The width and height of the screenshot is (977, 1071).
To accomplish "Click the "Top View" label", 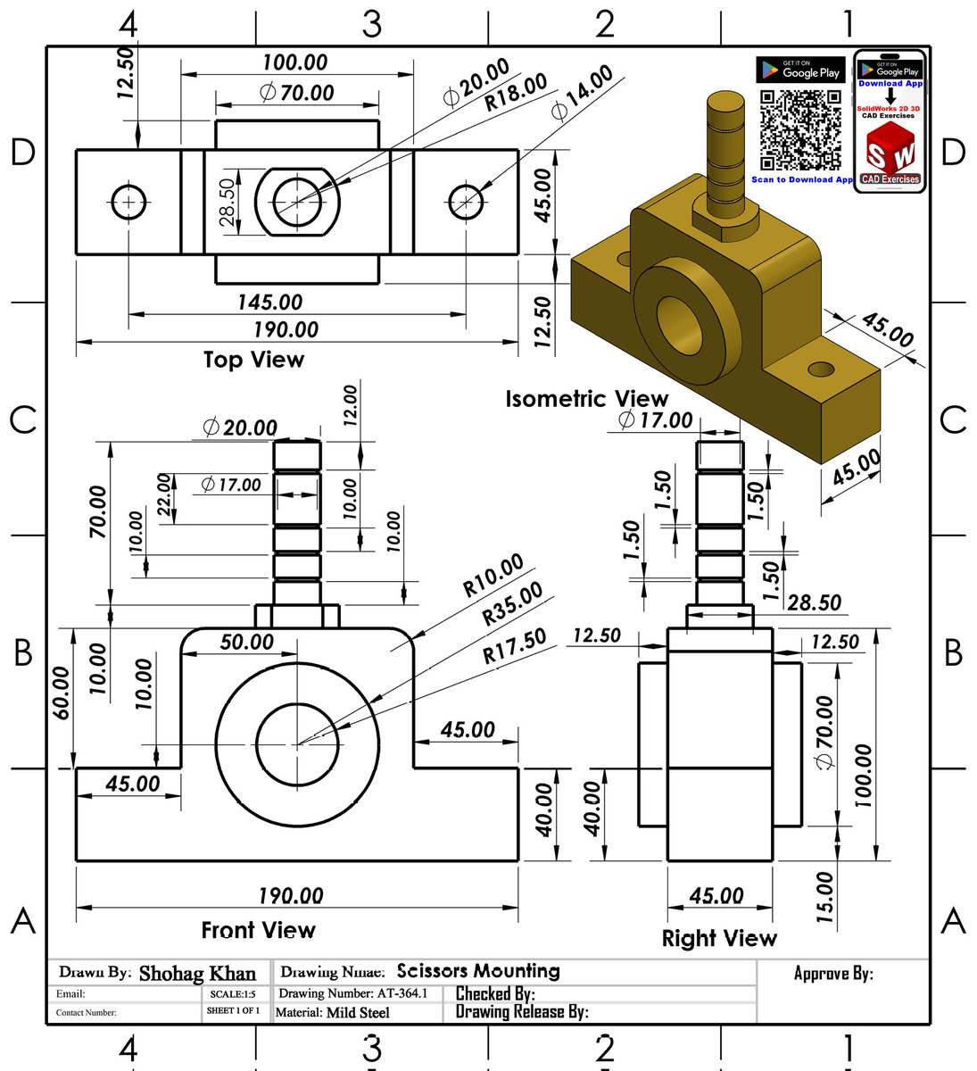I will pos(253,360).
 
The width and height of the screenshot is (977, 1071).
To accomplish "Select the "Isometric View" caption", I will pos(586,399).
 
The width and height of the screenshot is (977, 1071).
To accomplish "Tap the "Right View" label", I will pos(719,938).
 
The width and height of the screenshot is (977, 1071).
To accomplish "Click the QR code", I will pos(800,130).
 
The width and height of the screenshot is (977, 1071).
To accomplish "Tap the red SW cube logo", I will pos(890,152).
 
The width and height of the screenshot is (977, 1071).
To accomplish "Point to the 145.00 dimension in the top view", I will pos(269,302).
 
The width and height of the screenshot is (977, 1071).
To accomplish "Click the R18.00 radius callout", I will pos(516,93).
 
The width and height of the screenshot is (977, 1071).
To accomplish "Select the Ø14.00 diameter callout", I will pos(582,92).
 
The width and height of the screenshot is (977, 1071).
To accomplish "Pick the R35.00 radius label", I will pos(512,604).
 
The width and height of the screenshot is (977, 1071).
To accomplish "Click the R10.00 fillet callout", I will pos(493,577).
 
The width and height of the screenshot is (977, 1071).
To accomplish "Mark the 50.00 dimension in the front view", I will pos(247,642).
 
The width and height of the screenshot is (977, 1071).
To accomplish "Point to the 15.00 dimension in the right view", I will pos(825,897).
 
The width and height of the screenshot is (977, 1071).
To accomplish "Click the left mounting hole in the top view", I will pos(129,203).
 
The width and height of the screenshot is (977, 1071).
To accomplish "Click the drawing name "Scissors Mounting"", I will pos(478,971).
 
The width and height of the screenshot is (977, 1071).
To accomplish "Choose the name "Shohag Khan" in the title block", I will pos(197,974).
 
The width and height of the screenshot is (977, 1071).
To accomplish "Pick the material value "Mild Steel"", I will pos(358,1012).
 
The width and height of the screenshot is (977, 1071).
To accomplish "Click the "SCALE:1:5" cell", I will pos(232,993).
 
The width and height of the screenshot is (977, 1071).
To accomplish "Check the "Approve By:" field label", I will pos(833,973).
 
